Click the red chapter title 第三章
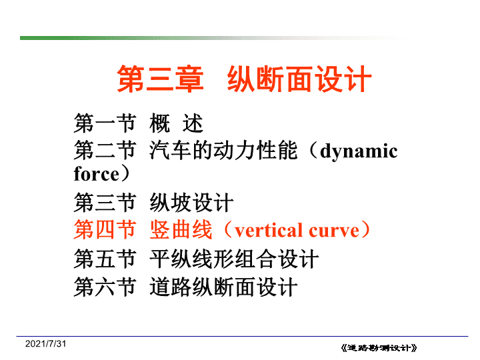pos(160,79)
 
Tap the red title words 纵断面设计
pos(299,79)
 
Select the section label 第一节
pos(105,123)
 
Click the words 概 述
pos(176,123)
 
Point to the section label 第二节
pos(105,150)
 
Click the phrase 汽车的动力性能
pos(223,150)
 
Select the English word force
pos(97,173)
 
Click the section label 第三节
pos(105,203)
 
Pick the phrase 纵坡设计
pos(191,203)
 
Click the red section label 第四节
pos(105,229)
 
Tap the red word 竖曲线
pos(181,229)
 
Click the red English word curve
pos(334,232)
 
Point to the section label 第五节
pos(105,259)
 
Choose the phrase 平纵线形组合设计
pos(234,259)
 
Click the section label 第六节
pos(105,287)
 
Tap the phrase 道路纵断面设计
pos(223,287)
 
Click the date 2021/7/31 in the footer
pos(45,344)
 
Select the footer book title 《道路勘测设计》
pos(379,348)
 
